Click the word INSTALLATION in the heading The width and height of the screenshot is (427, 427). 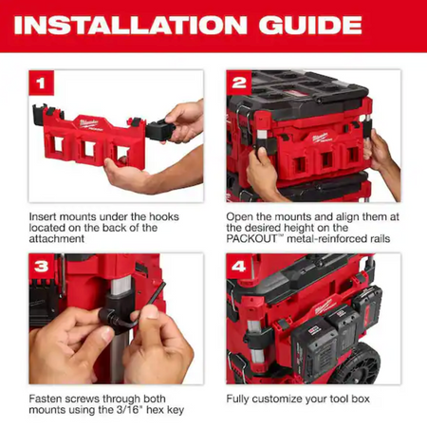point(130,25)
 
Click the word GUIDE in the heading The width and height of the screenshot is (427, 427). point(310,25)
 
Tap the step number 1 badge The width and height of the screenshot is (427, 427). point(41,83)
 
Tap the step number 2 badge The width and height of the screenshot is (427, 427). point(239,83)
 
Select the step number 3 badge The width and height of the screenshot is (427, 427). point(42,267)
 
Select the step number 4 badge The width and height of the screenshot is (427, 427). point(239,267)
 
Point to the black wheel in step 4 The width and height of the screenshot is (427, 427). point(359,363)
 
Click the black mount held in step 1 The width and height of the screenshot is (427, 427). point(160,130)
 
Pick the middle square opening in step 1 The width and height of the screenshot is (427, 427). point(88,149)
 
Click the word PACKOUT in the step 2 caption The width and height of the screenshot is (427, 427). point(251,238)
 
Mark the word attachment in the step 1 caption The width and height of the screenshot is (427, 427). point(57,238)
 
